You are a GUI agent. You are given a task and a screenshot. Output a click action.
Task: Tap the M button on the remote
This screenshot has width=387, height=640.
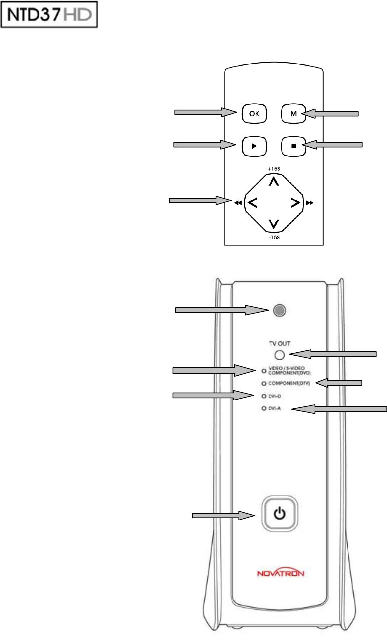click(293, 114)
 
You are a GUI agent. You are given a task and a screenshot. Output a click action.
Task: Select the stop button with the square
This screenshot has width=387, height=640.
click(293, 146)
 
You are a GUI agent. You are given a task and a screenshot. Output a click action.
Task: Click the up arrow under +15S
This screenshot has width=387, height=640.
click(274, 182)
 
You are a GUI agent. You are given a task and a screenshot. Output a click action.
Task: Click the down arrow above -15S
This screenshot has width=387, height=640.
click(274, 224)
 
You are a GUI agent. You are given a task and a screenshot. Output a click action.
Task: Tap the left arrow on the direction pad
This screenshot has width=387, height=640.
click(252, 202)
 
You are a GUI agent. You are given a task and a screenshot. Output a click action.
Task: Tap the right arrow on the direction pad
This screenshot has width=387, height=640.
click(295, 202)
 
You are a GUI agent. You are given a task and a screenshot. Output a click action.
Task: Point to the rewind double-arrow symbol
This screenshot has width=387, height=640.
click(237, 202)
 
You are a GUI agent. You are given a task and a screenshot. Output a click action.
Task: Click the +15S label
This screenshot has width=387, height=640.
click(274, 169)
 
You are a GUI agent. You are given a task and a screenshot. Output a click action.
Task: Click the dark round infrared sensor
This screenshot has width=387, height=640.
click(280, 310)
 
